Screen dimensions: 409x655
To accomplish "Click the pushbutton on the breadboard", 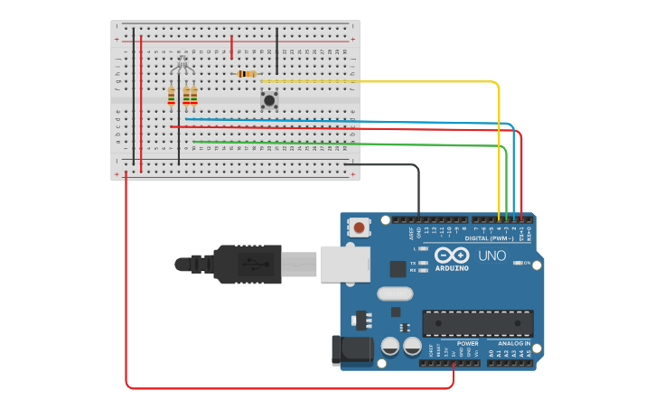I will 268,99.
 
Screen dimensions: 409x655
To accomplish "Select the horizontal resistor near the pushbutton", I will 246,74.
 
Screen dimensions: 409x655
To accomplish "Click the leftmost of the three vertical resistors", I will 171,95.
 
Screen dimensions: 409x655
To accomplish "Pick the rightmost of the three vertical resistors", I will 193,95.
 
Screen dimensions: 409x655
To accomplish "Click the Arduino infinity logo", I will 451,256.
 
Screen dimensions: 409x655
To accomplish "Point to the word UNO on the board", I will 491,256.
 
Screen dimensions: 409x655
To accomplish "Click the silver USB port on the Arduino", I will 345,264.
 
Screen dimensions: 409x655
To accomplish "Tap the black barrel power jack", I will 352,349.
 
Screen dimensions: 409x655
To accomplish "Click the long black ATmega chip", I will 477,323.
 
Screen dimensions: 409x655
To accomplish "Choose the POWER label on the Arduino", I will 467,344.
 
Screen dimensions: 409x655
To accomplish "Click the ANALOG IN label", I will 515,344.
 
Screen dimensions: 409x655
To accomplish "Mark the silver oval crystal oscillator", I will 395,293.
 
